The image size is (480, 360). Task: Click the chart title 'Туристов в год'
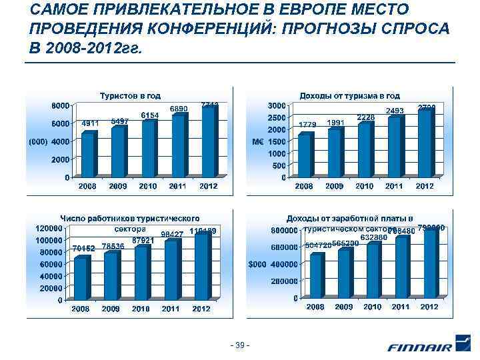pyautogui.click(x=130, y=96)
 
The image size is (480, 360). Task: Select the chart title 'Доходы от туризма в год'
pyautogui.click(x=350, y=96)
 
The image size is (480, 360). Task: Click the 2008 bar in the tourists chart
pyautogui.click(x=87, y=154)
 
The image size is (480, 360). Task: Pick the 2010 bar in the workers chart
pyautogui.click(x=141, y=272)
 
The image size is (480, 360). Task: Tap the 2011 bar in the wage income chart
pyautogui.click(x=401, y=266)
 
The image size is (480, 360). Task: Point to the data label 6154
pyautogui.click(x=150, y=115)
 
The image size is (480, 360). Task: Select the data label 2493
pyautogui.click(x=395, y=111)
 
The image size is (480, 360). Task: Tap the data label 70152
pyautogui.click(x=83, y=248)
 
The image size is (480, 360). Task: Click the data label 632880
pyautogui.click(x=373, y=237)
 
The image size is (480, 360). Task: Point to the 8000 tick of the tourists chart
pyautogui.click(x=61, y=105)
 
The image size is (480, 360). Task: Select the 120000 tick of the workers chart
pyautogui.click(x=49, y=227)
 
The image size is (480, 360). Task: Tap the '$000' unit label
pyautogui.click(x=257, y=264)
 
